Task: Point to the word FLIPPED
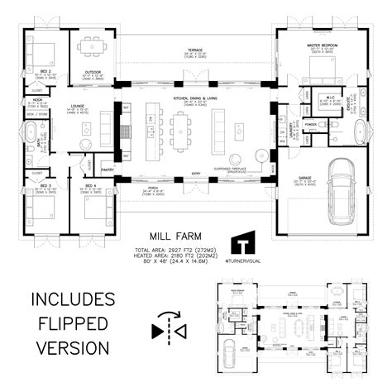(70, 322)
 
